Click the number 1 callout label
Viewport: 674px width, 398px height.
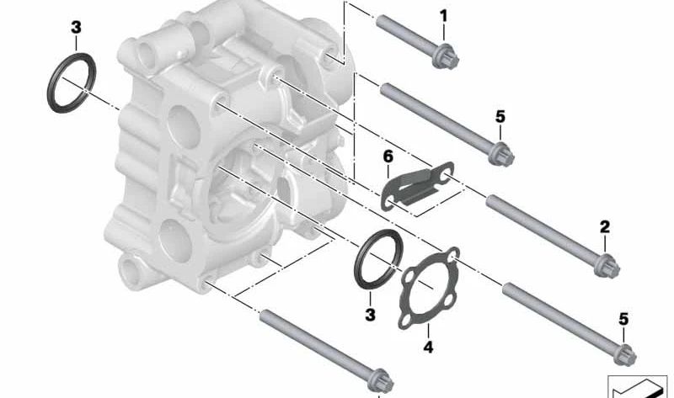point(444,14)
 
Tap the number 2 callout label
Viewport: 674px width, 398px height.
point(604,227)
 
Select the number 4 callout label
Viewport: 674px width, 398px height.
point(428,346)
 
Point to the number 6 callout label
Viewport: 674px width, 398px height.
point(388,157)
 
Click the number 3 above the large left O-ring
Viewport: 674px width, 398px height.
point(76,28)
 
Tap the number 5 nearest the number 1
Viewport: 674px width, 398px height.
point(500,115)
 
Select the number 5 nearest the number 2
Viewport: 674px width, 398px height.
point(623,318)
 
